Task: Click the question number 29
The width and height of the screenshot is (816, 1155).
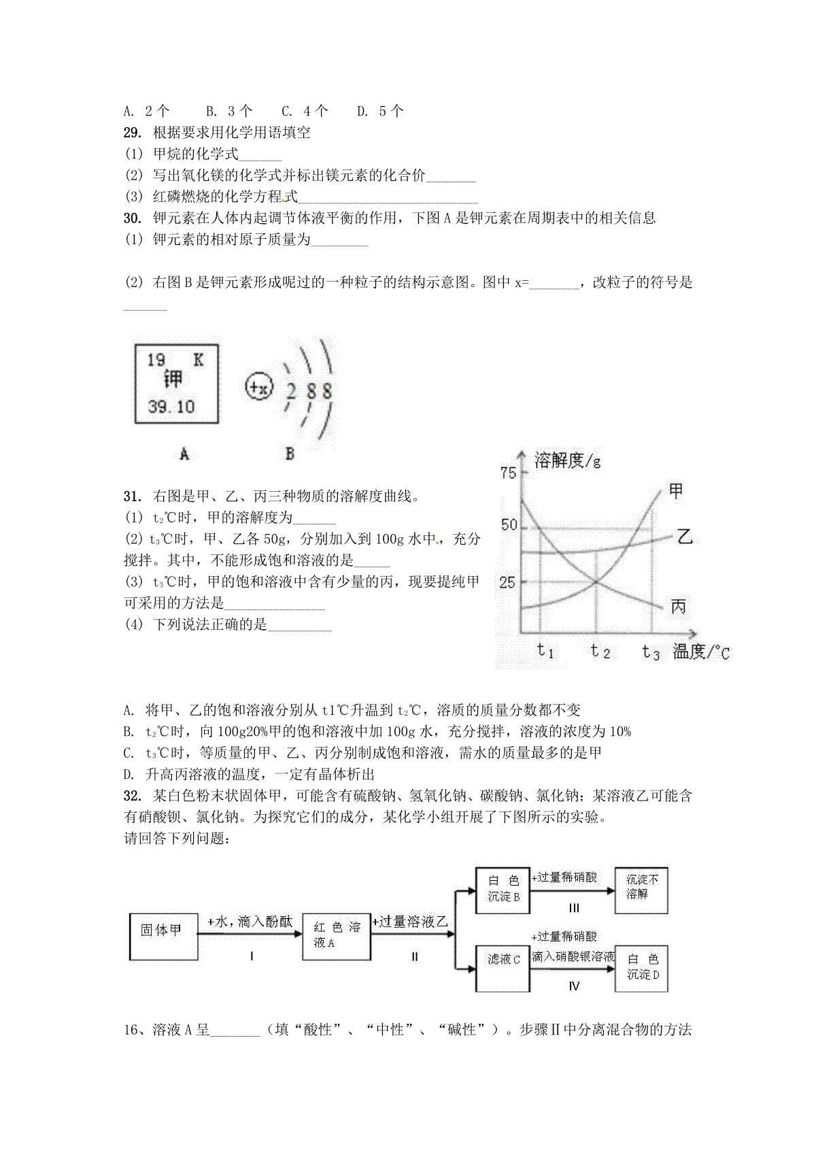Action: point(133,133)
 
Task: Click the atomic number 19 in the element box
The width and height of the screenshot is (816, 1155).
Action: point(156,360)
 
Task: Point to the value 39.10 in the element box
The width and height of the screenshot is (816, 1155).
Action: point(171,407)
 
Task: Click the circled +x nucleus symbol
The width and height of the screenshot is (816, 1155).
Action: point(259,388)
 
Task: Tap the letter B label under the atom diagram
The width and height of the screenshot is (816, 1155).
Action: point(290,454)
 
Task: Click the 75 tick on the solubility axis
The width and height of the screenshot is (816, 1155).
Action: point(507,473)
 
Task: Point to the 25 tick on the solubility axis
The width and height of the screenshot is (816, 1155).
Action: point(507,582)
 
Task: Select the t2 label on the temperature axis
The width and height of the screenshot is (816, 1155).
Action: point(600,651)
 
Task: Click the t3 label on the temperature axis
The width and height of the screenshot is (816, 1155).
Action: point(651,652)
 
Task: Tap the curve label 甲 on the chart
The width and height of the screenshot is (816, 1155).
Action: point(675,490)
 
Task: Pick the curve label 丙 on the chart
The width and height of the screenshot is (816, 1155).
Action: point(677,606)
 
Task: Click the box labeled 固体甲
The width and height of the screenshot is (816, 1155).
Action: point(162,931)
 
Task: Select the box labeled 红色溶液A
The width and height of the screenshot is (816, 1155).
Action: point(336,935)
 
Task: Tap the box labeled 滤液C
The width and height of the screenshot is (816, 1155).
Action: point(504,959)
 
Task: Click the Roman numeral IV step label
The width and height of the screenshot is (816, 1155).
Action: point(573,986)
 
